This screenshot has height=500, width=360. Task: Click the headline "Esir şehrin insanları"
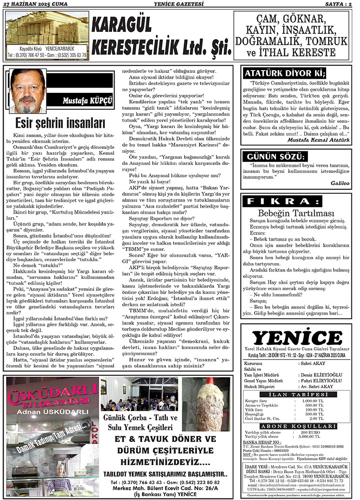pyautogui.click(x=60, y=122)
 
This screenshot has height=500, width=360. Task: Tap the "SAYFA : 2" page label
pyautogui.click(x=338, y=4)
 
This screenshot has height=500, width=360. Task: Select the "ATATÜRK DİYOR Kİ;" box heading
pyautogui.click(x=285, y=74)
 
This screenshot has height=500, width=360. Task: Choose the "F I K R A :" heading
pyautogui.click(x=283, y=201)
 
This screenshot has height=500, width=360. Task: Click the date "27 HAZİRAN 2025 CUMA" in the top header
pyautogui.click(x=35, y=4)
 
